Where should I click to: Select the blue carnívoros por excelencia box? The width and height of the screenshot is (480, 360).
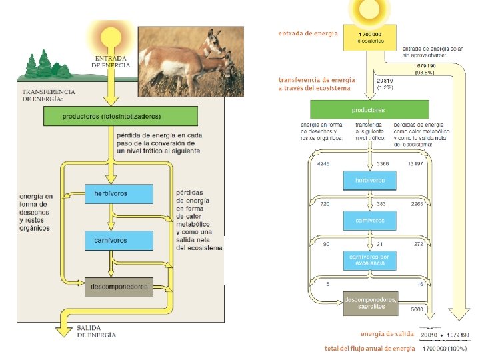[371, 259]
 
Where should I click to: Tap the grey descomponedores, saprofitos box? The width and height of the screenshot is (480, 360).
[371, 304]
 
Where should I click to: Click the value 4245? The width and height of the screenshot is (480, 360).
[323, 163]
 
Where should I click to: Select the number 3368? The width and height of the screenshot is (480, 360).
[383, 163]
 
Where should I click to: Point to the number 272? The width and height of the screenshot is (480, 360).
[419, 244]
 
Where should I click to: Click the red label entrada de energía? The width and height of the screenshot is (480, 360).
[308, 33]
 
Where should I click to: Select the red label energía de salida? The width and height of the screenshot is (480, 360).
[387, 333]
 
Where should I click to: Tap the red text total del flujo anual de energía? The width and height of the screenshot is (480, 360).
[369, 349]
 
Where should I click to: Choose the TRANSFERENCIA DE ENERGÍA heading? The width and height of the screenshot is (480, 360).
[49, 95]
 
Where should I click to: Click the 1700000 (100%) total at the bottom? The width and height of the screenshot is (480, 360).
[444, 349]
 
